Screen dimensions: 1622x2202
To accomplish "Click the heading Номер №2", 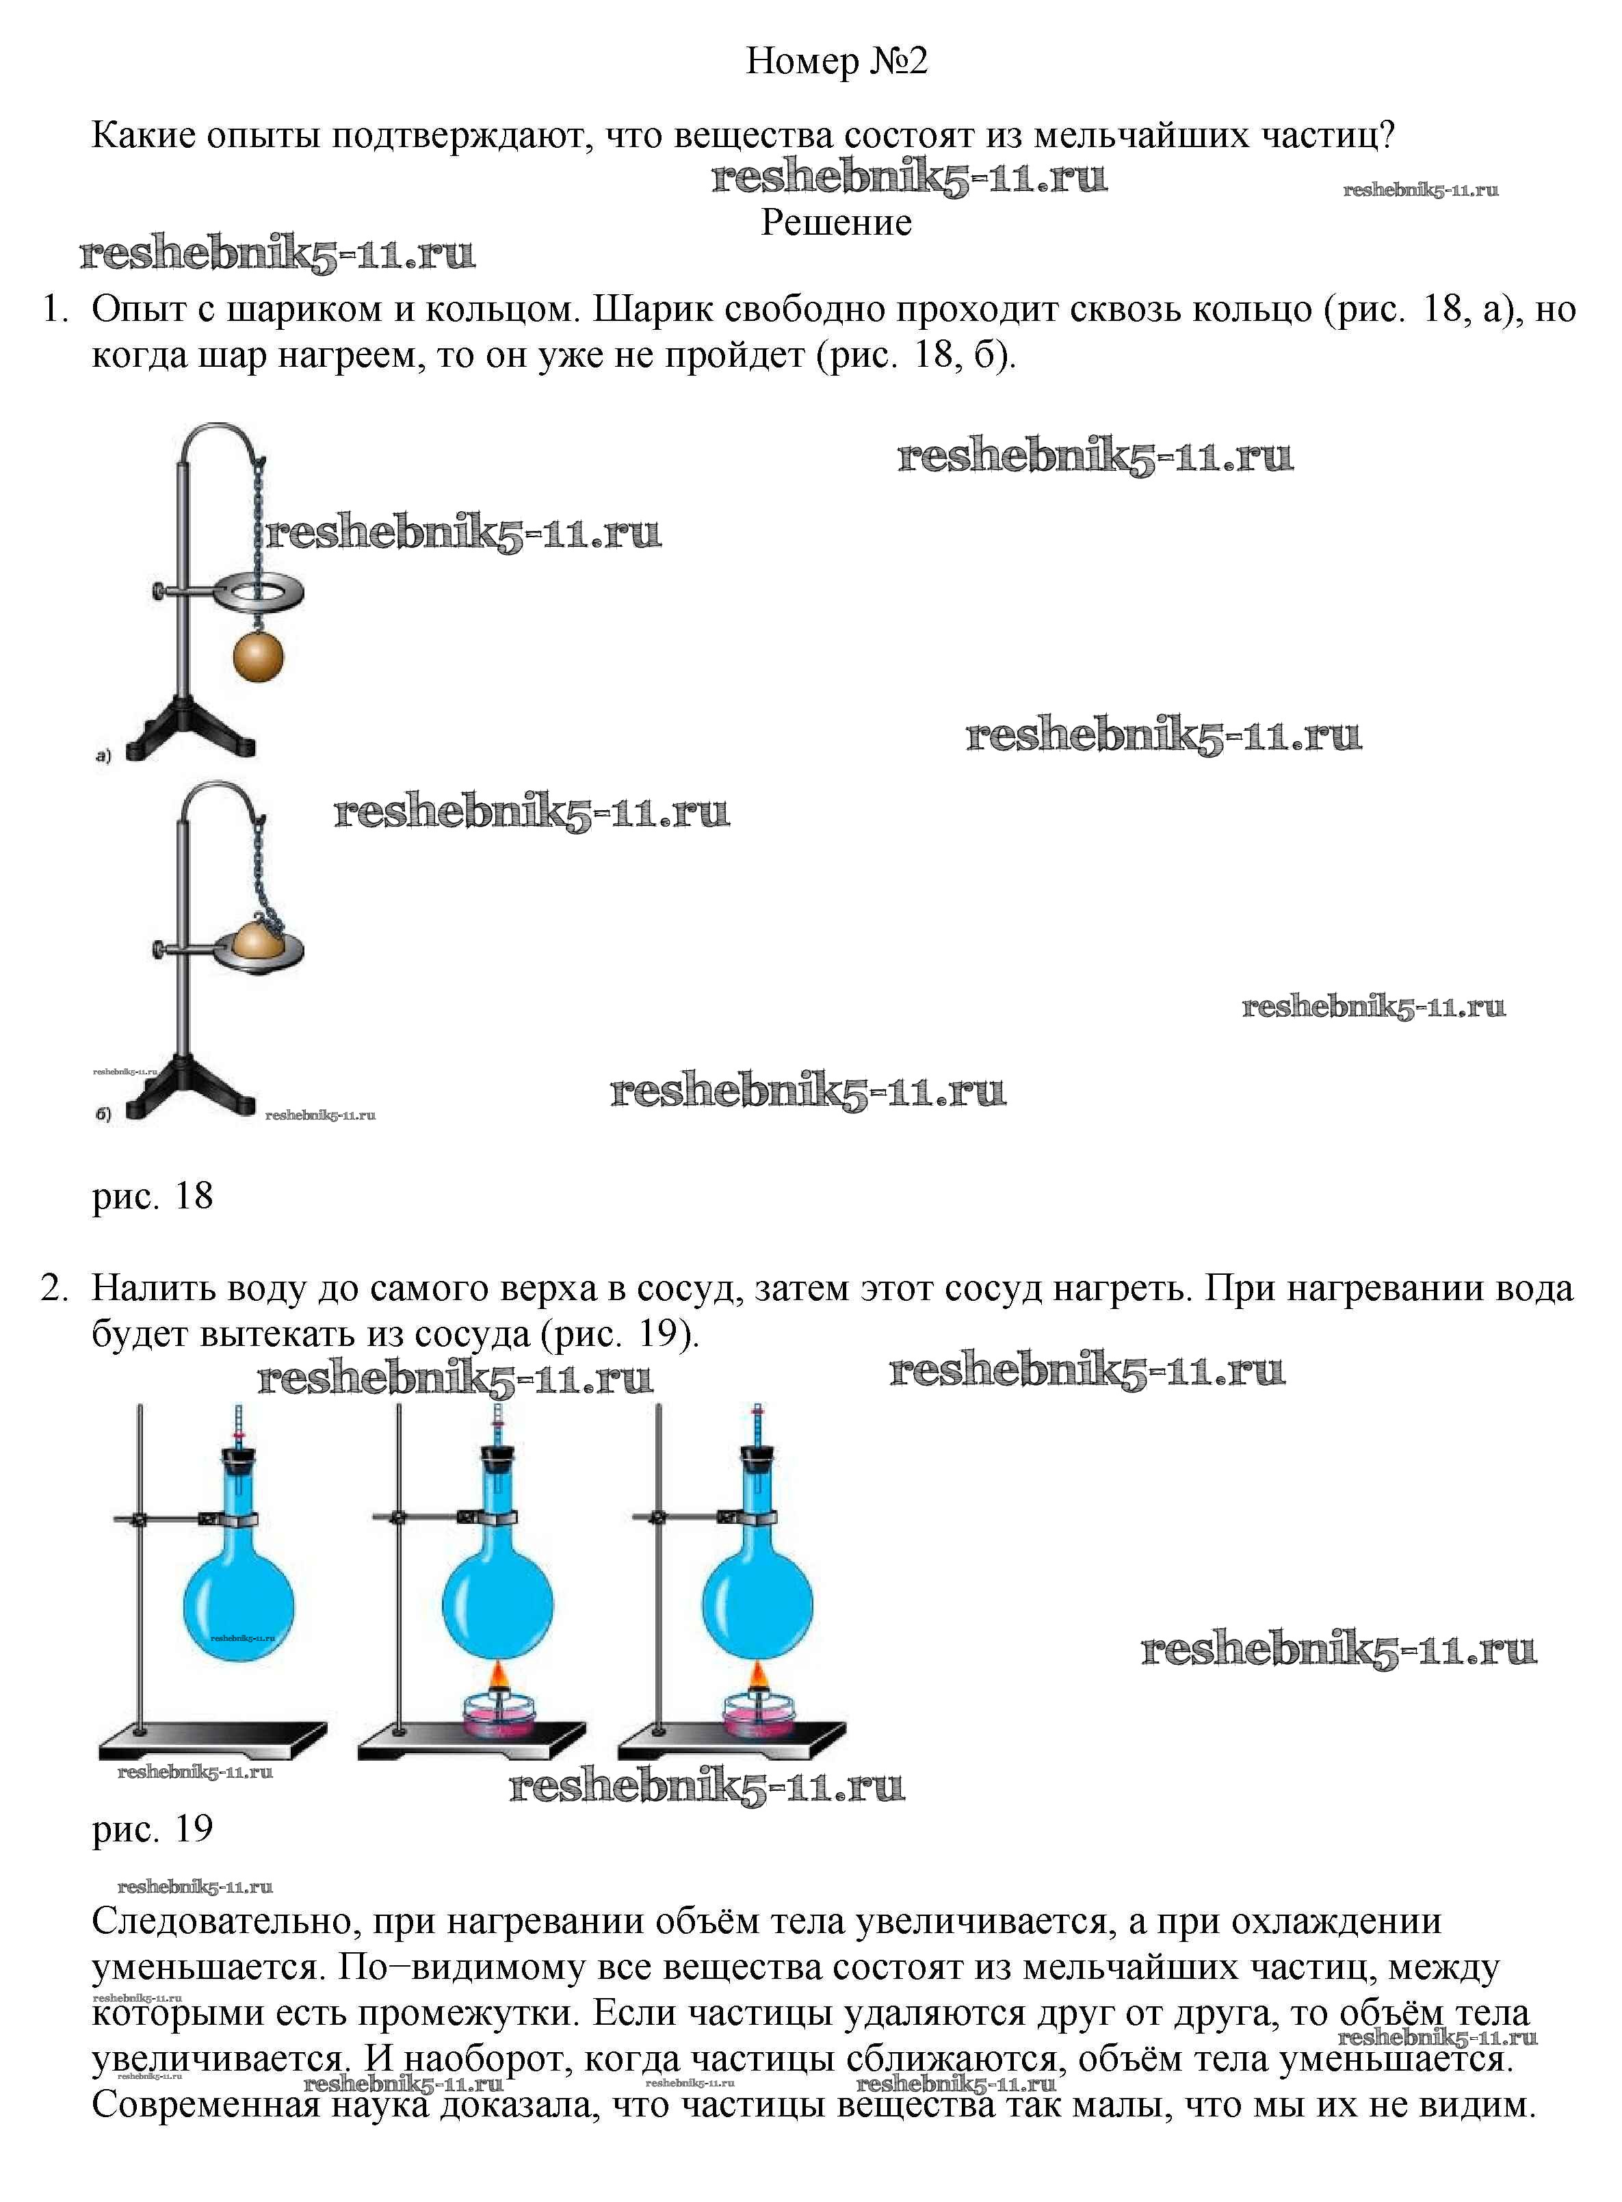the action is pos(837,61).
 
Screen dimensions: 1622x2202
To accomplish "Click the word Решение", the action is pos(837,223).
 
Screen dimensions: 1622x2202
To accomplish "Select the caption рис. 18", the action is pos(152,1196).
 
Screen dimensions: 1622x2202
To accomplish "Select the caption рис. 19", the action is pos(152,1829).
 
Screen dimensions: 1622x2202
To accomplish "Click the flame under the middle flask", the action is pos(498,1676).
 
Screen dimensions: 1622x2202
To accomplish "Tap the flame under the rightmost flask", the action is pos(757,1676).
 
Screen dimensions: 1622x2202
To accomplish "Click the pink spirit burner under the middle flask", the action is pos(498,1715).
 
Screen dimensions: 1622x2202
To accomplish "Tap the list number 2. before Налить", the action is pos(54,1288).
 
